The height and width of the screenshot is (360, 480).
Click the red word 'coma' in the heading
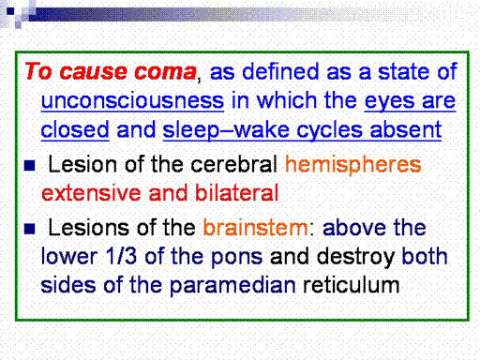(165, 72)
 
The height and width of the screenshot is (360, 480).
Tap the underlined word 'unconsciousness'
(132, 100)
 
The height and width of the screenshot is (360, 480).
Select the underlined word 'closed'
(75, 129)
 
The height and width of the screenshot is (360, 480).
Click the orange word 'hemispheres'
(353, 165)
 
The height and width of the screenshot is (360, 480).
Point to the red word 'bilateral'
(237, 193)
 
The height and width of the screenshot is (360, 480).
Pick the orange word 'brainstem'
(256, 228)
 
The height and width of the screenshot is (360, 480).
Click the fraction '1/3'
(121, 256)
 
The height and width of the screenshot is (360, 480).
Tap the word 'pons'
(237, 258)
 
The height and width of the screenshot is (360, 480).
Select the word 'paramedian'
(232, 286)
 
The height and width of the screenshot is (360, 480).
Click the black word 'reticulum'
(352, 285)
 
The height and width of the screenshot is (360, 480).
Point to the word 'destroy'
(355, 257)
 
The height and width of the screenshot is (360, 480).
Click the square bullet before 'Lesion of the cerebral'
(30, 165)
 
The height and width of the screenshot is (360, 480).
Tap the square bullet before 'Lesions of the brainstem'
(30, 229)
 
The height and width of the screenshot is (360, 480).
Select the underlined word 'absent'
(406, 129)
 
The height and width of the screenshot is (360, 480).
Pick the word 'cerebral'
(233, 164)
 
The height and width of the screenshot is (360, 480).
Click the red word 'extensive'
(91, 193)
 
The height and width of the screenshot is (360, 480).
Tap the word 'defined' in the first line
(280, 71)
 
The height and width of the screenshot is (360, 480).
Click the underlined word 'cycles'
(330, 130)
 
